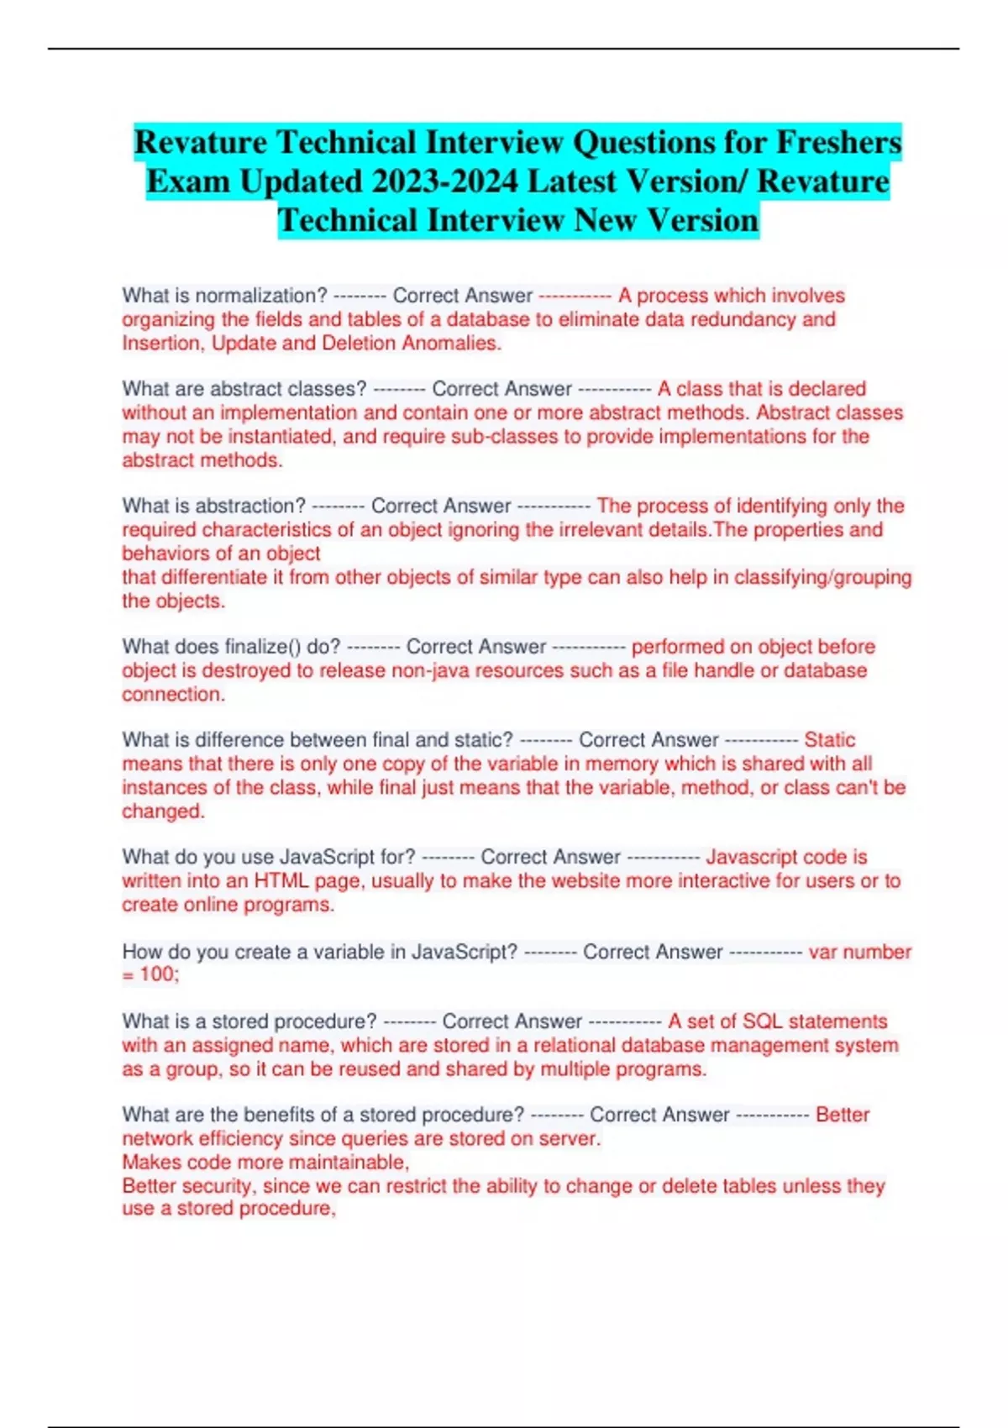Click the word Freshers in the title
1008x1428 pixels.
pyautogui.click(x=837, y=142)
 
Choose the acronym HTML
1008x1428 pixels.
pyautogui.click(x=281, y=881)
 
